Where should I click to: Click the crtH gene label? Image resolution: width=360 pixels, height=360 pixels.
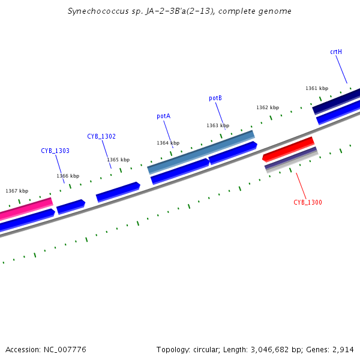click(x=336, y=52)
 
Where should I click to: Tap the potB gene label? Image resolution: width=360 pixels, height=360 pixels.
click(x=215, y=98)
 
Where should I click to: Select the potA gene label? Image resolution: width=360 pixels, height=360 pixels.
click(x=163, y=116)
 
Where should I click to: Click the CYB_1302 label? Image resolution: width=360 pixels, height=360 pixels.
click(x=101, y=137)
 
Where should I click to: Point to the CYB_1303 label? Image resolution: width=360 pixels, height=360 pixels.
click(x=55, y=151)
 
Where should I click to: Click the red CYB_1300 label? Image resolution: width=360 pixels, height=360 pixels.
click(x=308, y=203)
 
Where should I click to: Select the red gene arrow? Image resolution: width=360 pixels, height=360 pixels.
click(x=289, y=149)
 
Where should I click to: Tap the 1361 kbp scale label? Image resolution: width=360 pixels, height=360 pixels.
click(x=317, y=89)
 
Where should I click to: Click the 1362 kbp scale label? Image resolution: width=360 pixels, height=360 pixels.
click(x=268, y=108)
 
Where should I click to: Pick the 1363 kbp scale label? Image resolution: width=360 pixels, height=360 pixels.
click(x=218, y=126)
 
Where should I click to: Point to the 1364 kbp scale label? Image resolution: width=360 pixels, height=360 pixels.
click(x=168, y=143)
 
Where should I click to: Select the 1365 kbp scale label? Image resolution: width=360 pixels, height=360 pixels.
click(x=118, y=160)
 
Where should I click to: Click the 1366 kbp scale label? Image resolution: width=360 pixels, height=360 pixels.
click(x=68, y=176)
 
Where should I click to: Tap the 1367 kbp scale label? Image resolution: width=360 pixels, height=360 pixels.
click(x=17, y=191)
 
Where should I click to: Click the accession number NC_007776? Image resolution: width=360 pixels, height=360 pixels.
click(x=63, y=349)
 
